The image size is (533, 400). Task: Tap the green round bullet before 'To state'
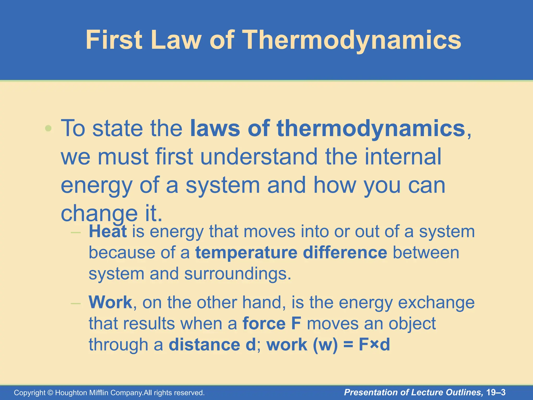48,128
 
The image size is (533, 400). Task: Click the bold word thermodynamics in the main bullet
371,128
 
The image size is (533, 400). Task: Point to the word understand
259,157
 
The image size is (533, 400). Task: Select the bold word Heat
108,232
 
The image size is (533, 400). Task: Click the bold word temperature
246,253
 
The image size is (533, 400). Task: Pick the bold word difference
345,253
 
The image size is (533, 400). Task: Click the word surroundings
237,274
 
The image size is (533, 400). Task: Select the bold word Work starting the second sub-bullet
110,302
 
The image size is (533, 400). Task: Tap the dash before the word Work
76,303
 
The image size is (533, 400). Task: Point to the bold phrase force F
272,324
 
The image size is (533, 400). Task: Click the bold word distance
204,345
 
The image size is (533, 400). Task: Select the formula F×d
374,345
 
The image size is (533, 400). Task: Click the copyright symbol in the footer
50,393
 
